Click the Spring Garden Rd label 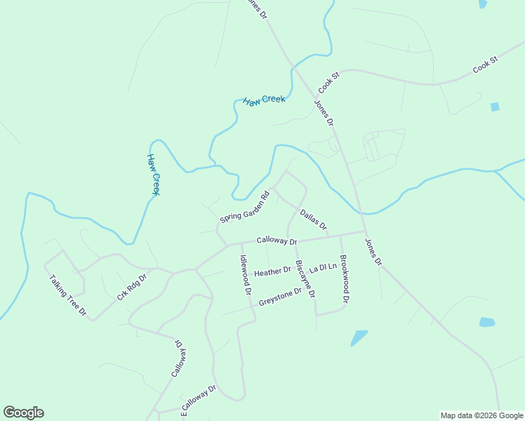click(244, 208)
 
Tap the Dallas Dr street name click(314, 220)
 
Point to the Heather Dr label click(272, 272)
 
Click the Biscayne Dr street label click(305, 279)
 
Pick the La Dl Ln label click(323, 268)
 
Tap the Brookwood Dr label click(344, 279)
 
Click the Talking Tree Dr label click(67, 295)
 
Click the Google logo click(23, 413)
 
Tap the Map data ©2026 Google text click(481, 415)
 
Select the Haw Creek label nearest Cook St click(264, 100)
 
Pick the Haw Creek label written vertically click(154, 174)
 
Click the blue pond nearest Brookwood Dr click(359, 338)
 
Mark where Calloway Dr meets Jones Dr click(364, 231)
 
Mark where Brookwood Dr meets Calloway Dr click(340, 235)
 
